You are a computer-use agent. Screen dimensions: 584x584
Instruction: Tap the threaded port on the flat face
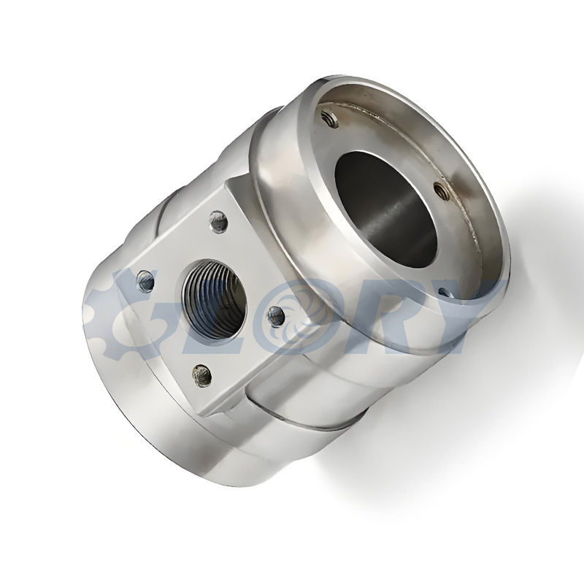click(214, 294)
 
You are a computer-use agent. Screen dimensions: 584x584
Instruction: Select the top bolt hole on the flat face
click(218, 221)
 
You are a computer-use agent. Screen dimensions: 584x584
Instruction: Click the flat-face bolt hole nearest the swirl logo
click(276, 315)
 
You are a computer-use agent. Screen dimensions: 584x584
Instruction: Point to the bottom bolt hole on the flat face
click(201, 374)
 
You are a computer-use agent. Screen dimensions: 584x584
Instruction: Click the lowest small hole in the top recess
click(447, 293)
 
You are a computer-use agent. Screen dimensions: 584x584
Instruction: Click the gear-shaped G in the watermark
click(108, 315)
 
